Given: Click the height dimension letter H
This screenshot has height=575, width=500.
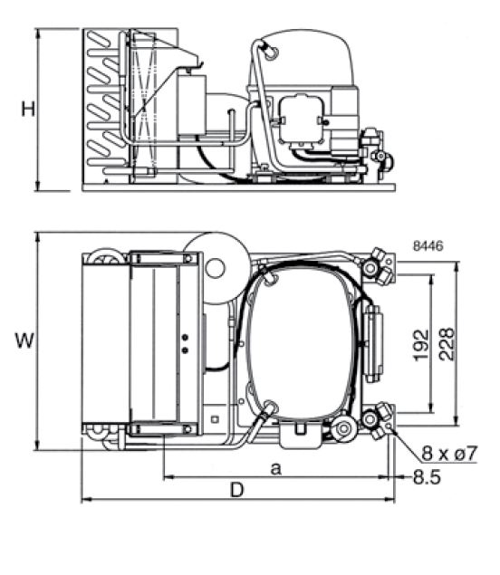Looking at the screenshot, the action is pos(28,109).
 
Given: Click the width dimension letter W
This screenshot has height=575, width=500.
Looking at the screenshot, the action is pos(24,340).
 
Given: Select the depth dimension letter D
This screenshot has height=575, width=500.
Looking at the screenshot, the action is pos(236,490).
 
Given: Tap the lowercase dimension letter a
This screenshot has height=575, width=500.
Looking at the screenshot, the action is pos(276,468).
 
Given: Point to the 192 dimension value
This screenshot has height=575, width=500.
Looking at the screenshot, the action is pos(421,345).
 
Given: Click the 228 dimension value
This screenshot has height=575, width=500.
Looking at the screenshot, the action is pos(447,344).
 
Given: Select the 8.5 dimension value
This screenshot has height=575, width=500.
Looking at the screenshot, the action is pos(427,477).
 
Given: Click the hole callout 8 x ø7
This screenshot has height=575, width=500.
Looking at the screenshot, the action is pos(449,454).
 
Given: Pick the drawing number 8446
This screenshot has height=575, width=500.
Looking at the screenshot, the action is pos(428,245).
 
